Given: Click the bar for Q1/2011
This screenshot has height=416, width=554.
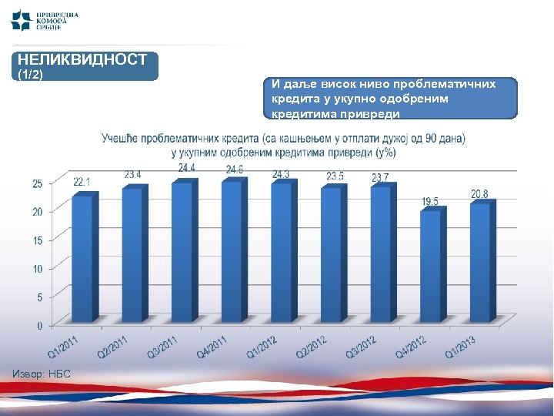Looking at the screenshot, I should [82, 258].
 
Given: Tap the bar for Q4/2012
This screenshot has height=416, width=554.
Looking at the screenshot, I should [431, 266].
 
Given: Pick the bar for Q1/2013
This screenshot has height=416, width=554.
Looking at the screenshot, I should [481, 262].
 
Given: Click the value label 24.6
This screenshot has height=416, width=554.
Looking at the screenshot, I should [235, 169].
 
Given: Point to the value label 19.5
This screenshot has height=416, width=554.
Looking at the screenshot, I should [430, 201].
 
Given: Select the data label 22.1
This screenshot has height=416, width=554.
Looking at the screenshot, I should [82, 182].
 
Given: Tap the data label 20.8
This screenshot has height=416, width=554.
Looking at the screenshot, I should [480, 193].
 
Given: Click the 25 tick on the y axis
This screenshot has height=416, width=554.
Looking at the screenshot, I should [37, 183].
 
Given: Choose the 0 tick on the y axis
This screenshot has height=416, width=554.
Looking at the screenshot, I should [39, 326].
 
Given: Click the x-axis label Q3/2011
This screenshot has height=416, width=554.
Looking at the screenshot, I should [163, 350].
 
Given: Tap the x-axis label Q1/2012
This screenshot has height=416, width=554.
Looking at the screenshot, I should [263, 350].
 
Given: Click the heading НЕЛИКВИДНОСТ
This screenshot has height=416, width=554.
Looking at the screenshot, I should [82, 59].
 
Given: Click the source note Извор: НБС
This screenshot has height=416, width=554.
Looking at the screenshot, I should [42, 374].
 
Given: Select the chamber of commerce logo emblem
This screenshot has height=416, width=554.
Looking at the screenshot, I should [22, 18].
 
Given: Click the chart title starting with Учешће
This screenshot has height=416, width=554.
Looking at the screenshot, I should [283, 145].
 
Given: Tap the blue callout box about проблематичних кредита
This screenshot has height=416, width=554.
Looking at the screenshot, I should [392, 97].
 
